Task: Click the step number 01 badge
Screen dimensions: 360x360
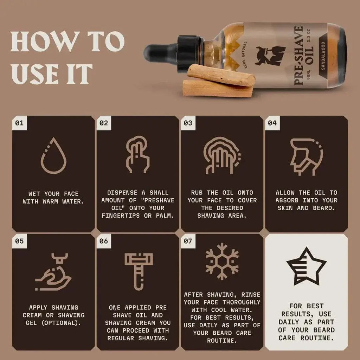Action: (19, 123)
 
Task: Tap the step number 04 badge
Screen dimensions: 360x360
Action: (272, 123)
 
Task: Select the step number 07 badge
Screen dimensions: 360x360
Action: (188, 241)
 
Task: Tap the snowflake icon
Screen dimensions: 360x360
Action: (222, 262)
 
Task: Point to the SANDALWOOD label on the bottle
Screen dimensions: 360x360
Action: (322, 56)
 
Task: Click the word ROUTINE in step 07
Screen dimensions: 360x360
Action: (222, 341)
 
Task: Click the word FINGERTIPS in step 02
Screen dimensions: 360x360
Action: (122, 216)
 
